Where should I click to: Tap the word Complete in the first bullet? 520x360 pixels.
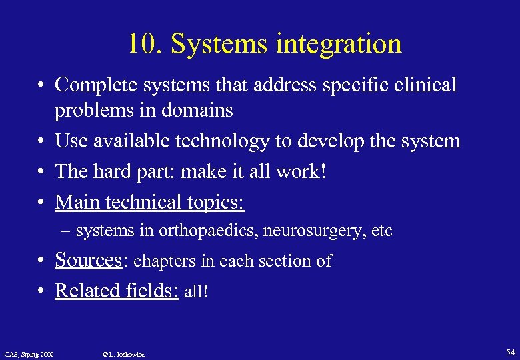pyautogui.click(x=93, y=85)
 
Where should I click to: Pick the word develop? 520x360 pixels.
pyautogui.click(x=347, y=141)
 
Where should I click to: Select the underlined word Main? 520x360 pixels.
pyautogui.click(x=77, y=201)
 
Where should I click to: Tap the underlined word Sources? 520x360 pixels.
pyautogui.click(x=87, y=260)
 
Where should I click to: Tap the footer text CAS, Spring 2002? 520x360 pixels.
pyautogui.click(x=29, y=353)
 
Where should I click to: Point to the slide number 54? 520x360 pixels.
pyautogui.click(x=510, y=351)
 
